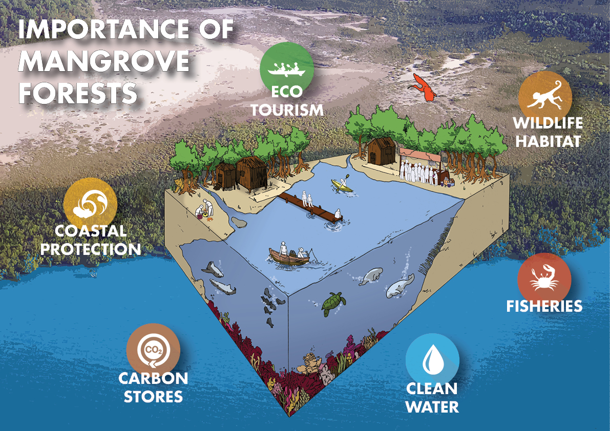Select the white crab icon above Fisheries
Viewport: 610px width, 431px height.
(x=544, y=278)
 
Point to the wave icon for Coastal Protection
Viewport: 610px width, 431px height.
(x=90, y=205)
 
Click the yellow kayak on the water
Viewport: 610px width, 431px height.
(x=342, y=186)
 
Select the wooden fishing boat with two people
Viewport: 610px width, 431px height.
(x=289, y=256)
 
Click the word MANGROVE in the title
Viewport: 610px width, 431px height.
(x=104, y=61)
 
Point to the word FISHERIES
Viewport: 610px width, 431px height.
(x=544, y=306)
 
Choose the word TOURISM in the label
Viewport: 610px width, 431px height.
(x=287, y=111)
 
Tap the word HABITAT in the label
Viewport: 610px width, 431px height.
(x=548, y=141)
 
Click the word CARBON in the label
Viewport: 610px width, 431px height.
(x=153, y=379)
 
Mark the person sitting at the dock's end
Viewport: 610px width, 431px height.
(x=338, y=213)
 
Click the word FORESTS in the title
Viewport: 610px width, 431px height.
(x=78, y=93)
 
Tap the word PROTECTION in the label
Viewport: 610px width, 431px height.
(x=91, y=249)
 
